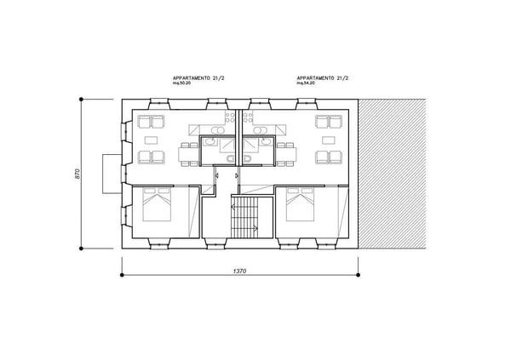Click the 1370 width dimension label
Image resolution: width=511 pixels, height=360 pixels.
click(239, 271)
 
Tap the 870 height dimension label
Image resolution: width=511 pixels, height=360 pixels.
click(77, 174)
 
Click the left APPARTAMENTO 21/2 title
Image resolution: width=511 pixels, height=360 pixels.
click(198, 77)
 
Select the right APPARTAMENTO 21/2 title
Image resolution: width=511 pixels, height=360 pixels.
click(324, 77)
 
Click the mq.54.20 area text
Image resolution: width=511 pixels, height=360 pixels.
click(307, 84)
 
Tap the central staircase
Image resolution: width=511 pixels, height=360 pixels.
click(245, 216)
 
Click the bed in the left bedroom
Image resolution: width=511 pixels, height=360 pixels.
click(158, 206)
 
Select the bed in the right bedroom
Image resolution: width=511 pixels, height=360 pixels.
click(301, 206)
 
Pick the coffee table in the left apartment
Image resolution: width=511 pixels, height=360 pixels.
click(151, 139)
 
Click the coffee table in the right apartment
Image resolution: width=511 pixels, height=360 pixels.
click(328, 139)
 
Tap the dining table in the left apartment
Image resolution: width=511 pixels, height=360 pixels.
click(187, 154)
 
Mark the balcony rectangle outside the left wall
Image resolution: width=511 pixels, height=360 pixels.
click(109, 174)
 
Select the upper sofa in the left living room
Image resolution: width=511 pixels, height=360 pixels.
click(152, 121)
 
